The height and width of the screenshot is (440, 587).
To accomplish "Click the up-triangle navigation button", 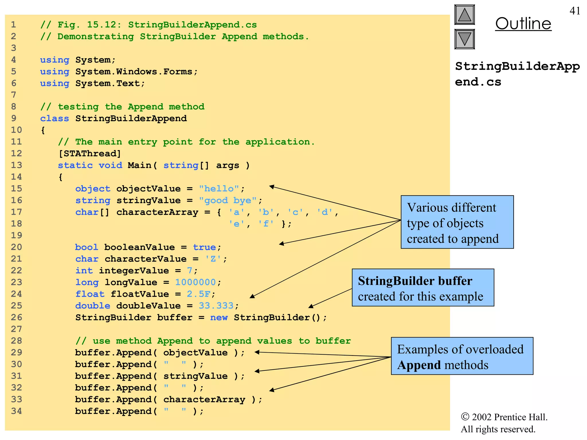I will (x=464, y=15).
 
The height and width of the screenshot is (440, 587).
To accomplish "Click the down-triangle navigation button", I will (x=464, y=39).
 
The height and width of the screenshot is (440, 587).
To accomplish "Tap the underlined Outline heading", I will (x=523, y=23).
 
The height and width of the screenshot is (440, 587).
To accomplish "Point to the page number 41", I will (x=575, y=11).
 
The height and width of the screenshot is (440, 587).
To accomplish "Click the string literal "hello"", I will (x=219, y=188).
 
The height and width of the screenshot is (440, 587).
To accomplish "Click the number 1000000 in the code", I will (x=195, y=282).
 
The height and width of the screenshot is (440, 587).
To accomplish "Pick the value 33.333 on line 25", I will (x=216, y=306).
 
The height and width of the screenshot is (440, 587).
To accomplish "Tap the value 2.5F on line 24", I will (x=198, y=294).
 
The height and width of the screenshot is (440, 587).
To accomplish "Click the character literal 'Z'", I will (x=213, y=259).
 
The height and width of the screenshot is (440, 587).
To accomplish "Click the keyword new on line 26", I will (x=219, y=317).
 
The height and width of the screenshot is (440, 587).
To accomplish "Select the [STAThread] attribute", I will (x=89, y=154).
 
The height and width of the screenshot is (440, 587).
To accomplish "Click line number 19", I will (x=16, y=235).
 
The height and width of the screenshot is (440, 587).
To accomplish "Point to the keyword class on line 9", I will (x=54, y=119).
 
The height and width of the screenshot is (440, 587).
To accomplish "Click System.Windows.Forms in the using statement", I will (x=134, y=72).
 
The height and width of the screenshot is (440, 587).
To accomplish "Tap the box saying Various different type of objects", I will (x=457, y=222).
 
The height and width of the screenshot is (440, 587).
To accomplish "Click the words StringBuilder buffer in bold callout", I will (x=415, y=281).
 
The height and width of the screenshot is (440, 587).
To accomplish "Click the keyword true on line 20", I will (x=204, y=247).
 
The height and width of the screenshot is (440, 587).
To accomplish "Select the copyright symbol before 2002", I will (x=465, y=417).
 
